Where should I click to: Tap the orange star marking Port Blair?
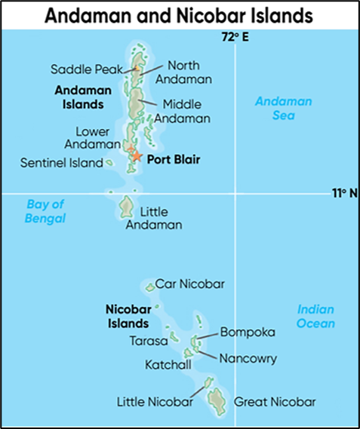pyautogui.click(x=137, y=156)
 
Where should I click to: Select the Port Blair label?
pyautogui.click(x=174, y=159)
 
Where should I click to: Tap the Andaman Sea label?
pyautogui.click(x=273, y=109)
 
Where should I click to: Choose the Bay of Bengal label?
pyautogui.click(x=46, y=211)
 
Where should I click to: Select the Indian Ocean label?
pyautogui.click(x=315, y=316)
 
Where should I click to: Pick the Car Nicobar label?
pyautogui.click(x=190, y=284)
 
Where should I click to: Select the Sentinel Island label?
pyautogui.click(x=60, y=162)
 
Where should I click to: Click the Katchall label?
pyautogui.click(x=168, y=365)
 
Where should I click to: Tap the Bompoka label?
pyautogui.click(x=248, y=332)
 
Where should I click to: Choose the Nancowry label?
pyautogui.click(x=248, y=358)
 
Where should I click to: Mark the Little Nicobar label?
pyautogui.click(x=155, y=401)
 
